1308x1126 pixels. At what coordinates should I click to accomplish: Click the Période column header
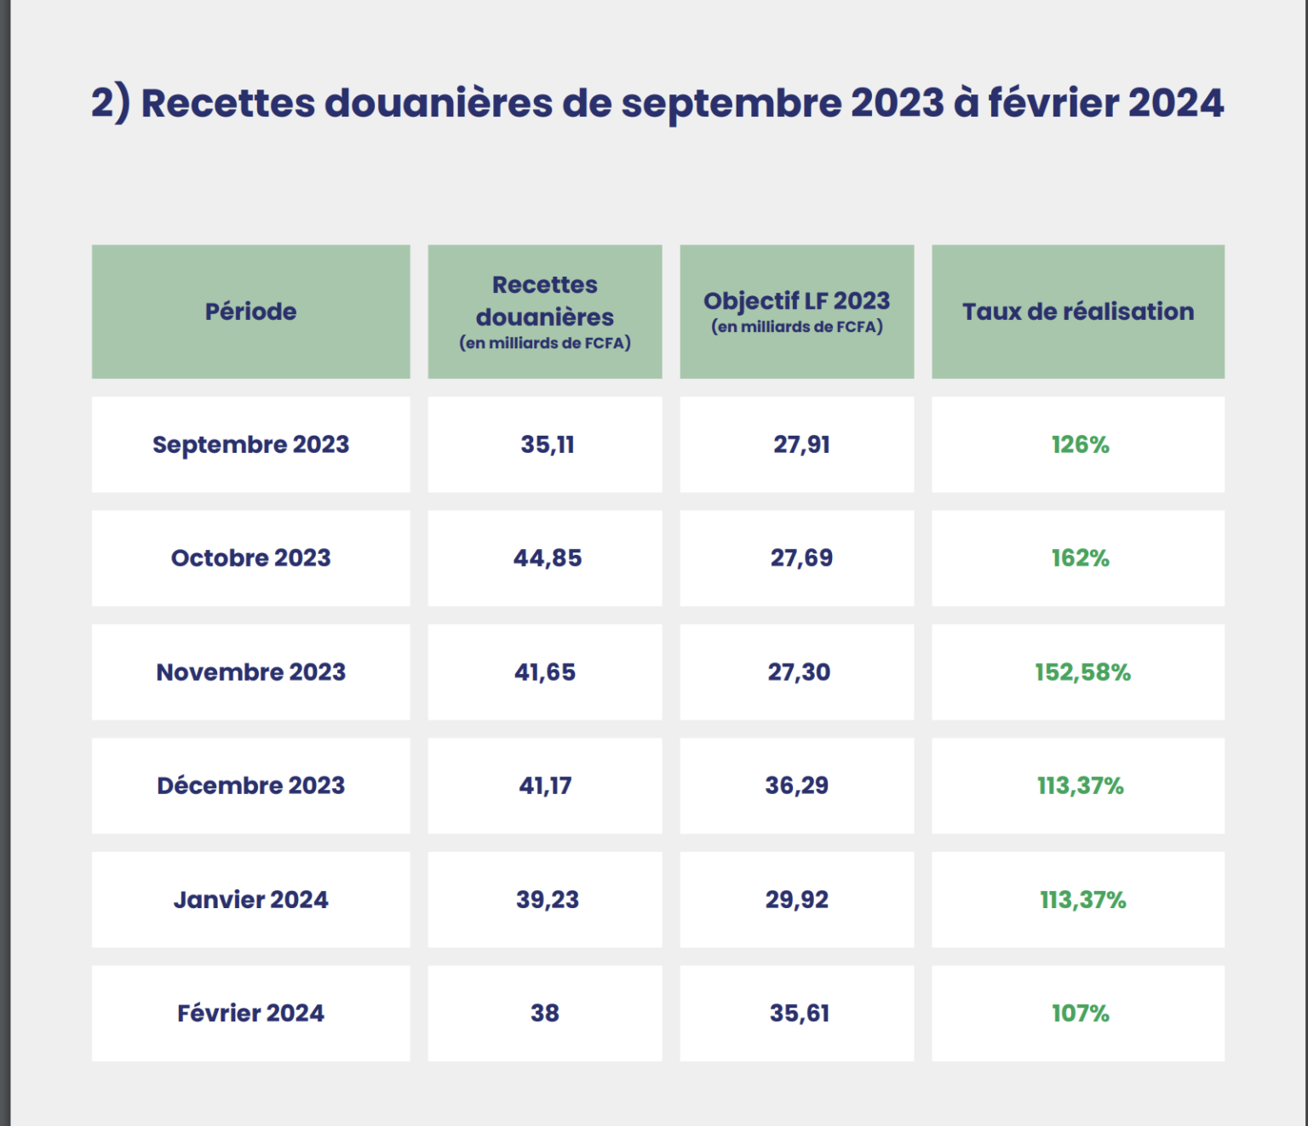[x=250, y=312]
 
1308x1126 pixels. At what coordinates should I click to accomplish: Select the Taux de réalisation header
[x=1078, y=312]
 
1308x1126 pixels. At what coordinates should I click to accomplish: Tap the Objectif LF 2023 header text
[x=796, y=301]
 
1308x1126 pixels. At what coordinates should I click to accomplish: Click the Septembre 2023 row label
[x=250, y=444]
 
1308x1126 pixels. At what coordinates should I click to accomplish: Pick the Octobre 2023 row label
[x=250, y=558]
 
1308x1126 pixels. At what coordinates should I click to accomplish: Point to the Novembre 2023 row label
[x=250, y=672]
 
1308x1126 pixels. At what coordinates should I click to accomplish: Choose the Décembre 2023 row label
[x=250, y=786]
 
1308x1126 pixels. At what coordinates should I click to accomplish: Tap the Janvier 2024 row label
[x=250, y=900]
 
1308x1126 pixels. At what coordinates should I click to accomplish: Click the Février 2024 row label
[x=250, y=1013]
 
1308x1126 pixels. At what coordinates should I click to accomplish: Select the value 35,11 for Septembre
[x=547, y=444]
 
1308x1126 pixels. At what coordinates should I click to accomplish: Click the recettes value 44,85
[x=547, y=558]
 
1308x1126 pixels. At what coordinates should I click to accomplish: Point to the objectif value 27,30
[x=799, y=672]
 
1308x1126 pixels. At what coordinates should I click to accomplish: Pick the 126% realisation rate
[x=1080, y=444]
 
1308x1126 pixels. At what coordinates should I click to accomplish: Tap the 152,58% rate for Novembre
[x=1082, y=672]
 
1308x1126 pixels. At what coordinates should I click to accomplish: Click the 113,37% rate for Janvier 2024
[x=1082, y=900]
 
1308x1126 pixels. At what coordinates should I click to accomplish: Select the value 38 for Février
[x=545, y=1013]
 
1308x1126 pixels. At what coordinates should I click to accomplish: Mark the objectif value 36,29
[x=796, y=786]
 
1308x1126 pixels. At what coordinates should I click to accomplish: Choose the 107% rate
[x=1080, y=1013]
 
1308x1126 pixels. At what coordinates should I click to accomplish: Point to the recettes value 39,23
[x=547, y=900]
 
